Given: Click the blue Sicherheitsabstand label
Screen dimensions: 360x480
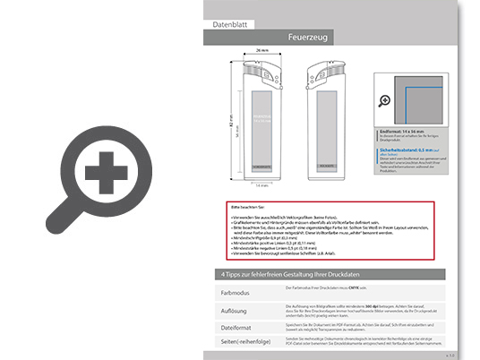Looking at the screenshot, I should pyautogui.click(x=402, y=150).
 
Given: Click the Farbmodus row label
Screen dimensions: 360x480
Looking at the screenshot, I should pyautogui.click(x=236, y=292).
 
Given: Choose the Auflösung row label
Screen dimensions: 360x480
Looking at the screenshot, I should pyautogui.click(x=235, y=310).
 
